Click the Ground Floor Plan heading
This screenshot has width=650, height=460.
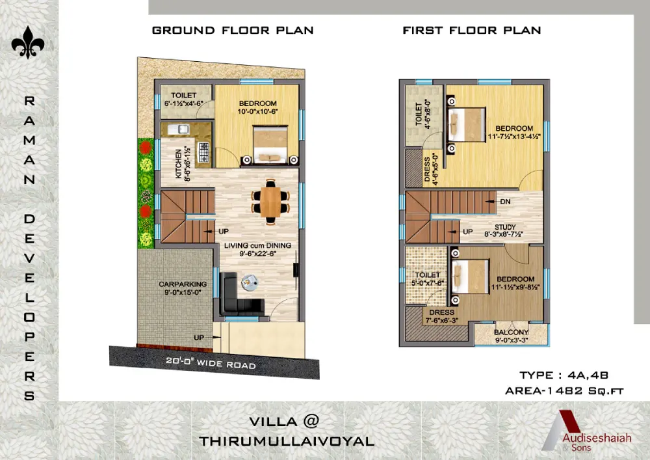tap(233, 31)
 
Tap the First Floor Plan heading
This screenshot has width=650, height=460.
tap(472, 31)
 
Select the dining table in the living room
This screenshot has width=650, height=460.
tap(270, 202)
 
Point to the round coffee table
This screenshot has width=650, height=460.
tap(250, 282)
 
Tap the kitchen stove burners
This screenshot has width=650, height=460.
tap(204, 153)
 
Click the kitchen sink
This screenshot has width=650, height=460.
tap(179, 129)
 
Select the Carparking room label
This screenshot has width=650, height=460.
tap(183, 288)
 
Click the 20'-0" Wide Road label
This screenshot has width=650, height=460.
tap(211, 363)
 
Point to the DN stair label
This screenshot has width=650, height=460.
tap(505, 202)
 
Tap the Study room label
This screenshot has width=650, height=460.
tap(504, 230)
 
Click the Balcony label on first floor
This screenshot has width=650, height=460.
tap(511, 336)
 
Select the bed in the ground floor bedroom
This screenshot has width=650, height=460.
tap(270, 144)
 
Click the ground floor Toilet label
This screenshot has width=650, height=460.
tap(184, 99)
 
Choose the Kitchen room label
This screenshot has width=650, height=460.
tap(183, 164)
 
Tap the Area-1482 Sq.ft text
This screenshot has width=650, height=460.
tap(564, 391)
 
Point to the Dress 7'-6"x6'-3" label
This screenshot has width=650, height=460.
tap(442, 316)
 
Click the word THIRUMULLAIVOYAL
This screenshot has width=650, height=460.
tap(287, 441)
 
